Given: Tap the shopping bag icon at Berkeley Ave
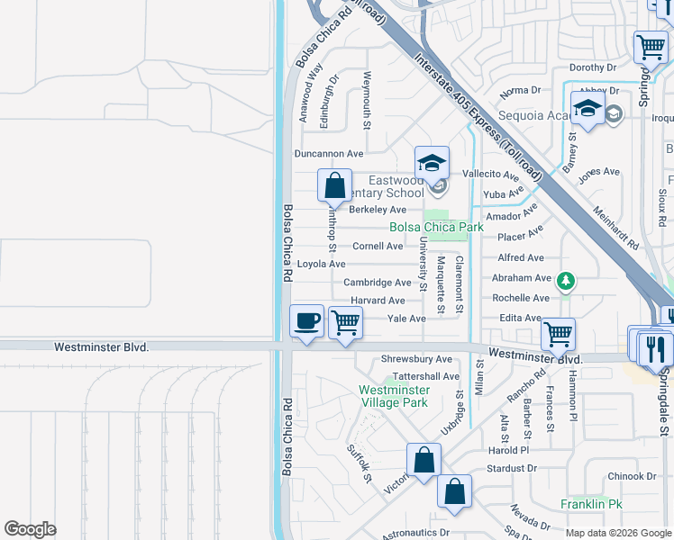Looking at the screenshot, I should [334, 186].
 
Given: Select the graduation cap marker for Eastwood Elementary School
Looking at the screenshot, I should [432, 164].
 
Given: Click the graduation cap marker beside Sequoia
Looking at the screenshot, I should [587, 110].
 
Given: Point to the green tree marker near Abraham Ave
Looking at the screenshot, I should [565, 282].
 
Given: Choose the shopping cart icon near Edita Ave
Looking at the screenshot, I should [559, 335].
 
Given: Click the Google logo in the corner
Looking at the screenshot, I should [30, 529].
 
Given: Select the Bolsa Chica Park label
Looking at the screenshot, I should [436, 227].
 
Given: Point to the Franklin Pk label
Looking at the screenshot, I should [591, 504].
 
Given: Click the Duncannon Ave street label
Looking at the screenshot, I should [329, 154].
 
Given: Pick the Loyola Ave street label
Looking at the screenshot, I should [322, 264].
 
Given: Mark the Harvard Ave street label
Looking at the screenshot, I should [378, 301].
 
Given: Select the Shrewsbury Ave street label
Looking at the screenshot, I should [417, 359].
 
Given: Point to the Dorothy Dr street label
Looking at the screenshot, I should [592, 67].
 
